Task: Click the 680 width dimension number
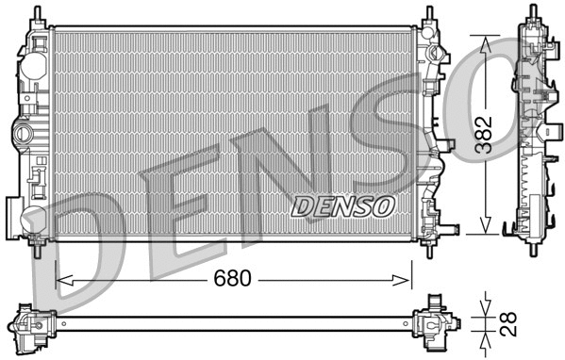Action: click(231, 280)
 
